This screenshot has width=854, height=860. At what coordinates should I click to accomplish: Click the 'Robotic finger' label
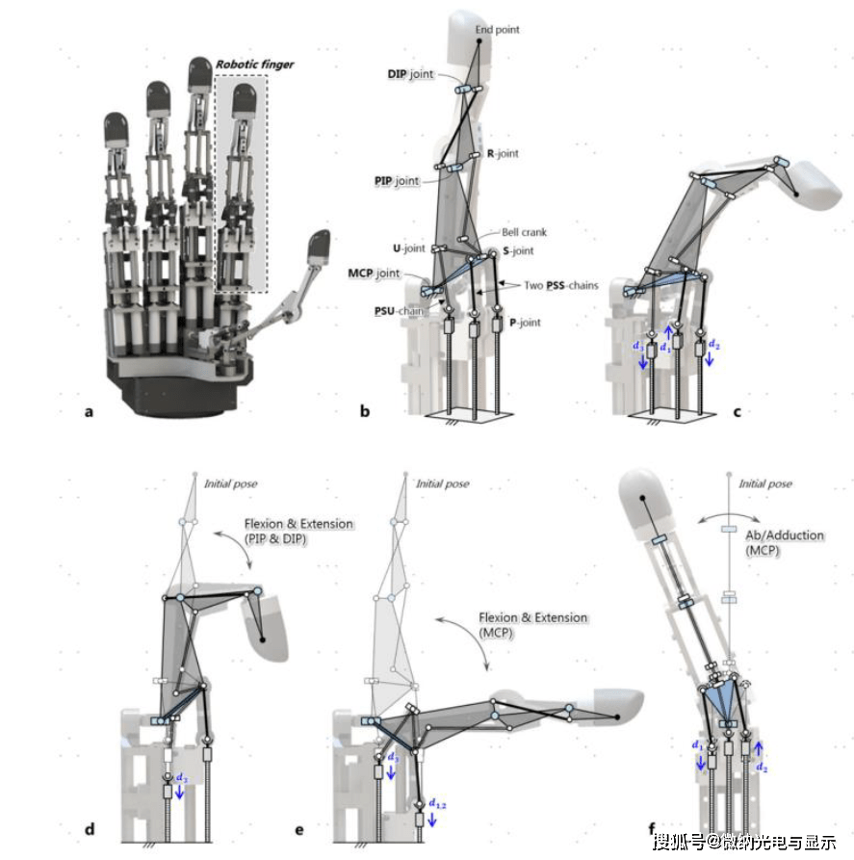(254, 65)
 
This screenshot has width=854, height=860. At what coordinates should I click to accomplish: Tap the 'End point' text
(498, 30)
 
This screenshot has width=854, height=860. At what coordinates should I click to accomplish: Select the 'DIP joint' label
(409, 73)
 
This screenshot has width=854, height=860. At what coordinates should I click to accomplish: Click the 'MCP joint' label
(374, 274)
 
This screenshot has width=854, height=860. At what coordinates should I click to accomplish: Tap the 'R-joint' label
(504, 153)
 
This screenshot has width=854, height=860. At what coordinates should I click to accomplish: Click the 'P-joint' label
(522, 323)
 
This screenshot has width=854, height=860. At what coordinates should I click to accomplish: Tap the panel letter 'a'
(90, 412)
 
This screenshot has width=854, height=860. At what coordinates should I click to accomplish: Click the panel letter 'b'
(365, 412)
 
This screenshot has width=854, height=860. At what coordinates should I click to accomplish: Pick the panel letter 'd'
(89, 828)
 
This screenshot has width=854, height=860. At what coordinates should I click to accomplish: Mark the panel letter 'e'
(299, 828)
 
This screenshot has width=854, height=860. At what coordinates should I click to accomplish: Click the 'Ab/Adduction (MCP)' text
(765, 542)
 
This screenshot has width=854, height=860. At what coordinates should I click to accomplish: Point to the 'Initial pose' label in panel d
(231, 482)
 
